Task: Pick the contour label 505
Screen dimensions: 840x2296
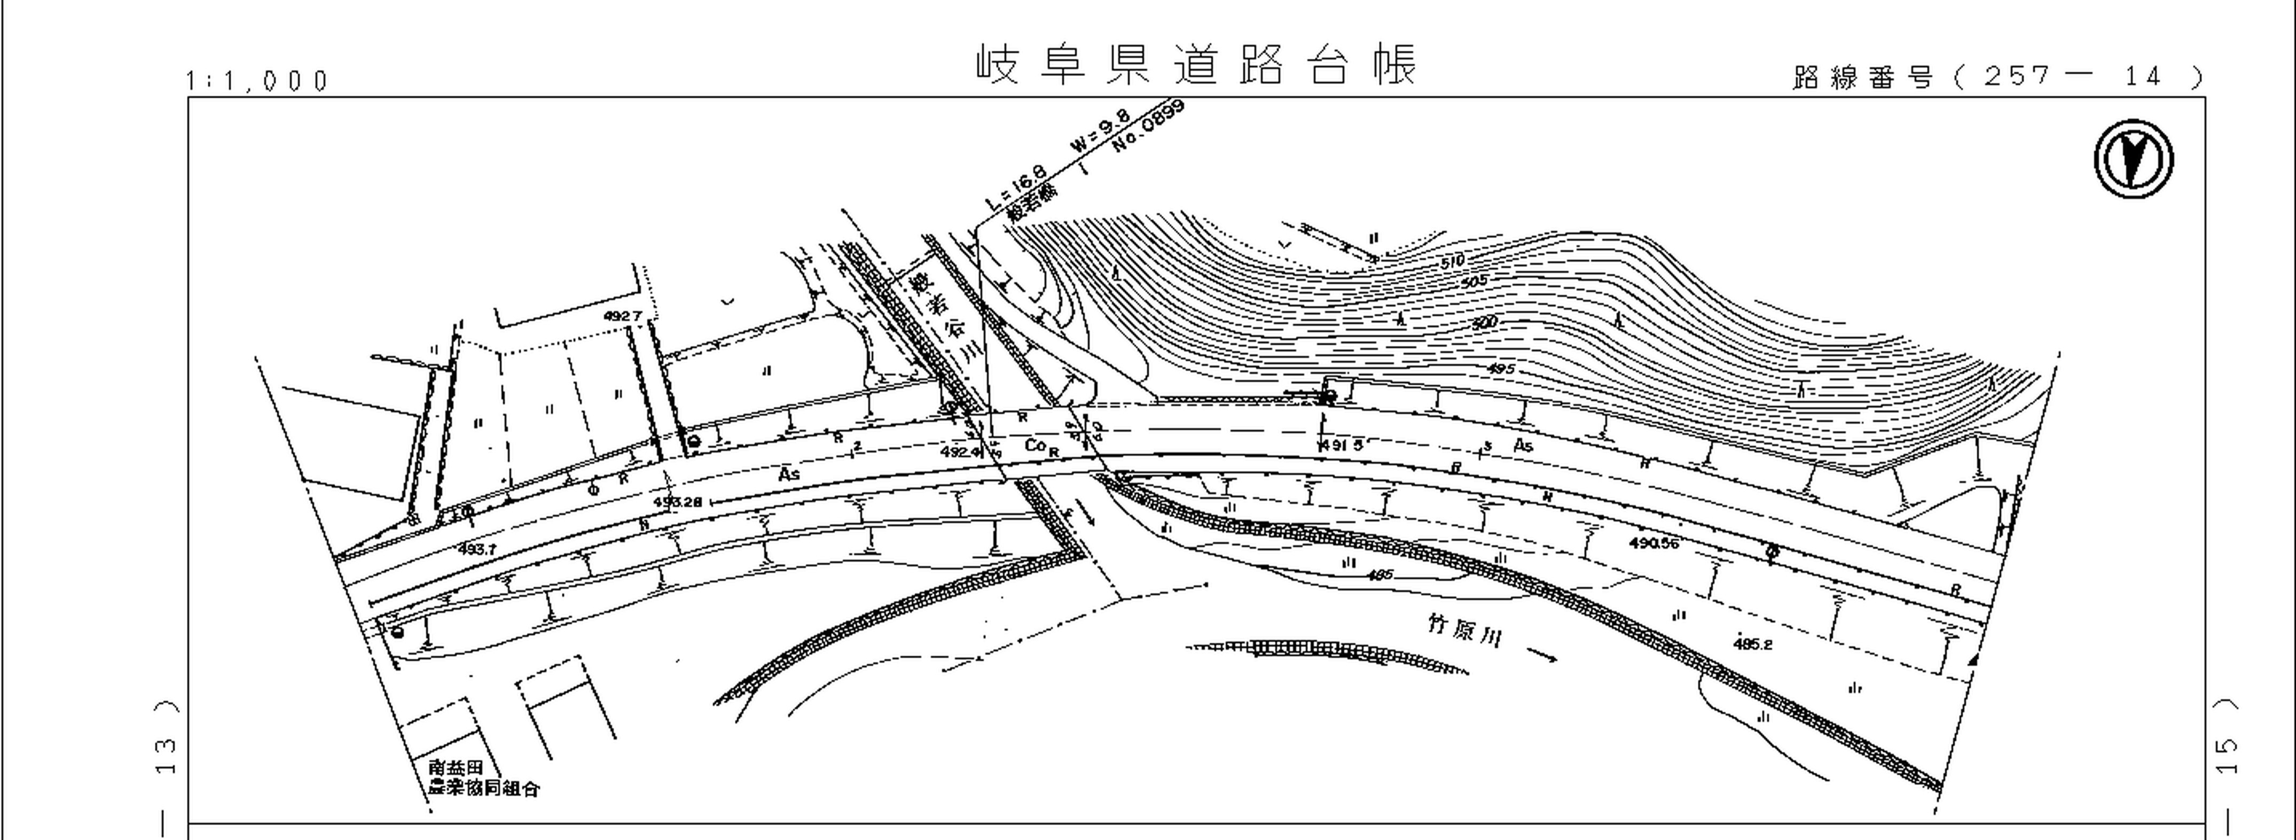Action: point(1474,282)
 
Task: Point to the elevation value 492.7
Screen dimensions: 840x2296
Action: point(622,316)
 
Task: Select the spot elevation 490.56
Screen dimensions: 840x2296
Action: point(1654,542)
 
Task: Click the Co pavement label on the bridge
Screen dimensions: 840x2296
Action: point(1035,445)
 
